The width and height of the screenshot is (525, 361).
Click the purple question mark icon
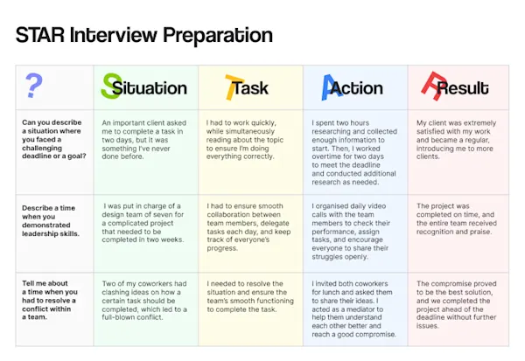(x=33, y=86)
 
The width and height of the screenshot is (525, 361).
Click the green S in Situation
(x=111, y=86)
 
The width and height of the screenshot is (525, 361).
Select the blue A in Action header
(x=330, y=87)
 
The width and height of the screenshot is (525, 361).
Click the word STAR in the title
(x=40, y=35)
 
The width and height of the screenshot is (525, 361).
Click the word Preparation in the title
(x=218, y=36)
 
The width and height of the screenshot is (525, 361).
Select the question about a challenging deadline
(x=54, y=139)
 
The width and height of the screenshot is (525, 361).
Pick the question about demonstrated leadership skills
(x=51, y=221)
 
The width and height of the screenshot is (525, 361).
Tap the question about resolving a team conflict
(x=50, y=300)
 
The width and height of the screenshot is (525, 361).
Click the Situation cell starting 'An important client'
(x=144, y=140)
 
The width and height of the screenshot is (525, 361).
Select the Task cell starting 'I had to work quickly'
(x=245, y=140)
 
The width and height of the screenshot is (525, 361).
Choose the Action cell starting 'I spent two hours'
(x=354, y=153)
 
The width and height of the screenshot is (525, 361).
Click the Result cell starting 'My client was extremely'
(x=456, y=140)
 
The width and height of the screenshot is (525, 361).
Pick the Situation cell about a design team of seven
(x=143, y=223)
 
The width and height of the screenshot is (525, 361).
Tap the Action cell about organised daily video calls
(x=351, y=232)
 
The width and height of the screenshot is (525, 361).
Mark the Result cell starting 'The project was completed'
(x=457, y=219)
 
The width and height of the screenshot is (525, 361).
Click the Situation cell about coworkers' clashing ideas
(x=144, y=301)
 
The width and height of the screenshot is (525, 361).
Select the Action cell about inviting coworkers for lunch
(x=353, y=309)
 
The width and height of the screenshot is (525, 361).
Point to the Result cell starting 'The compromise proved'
(x=457, y=304)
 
